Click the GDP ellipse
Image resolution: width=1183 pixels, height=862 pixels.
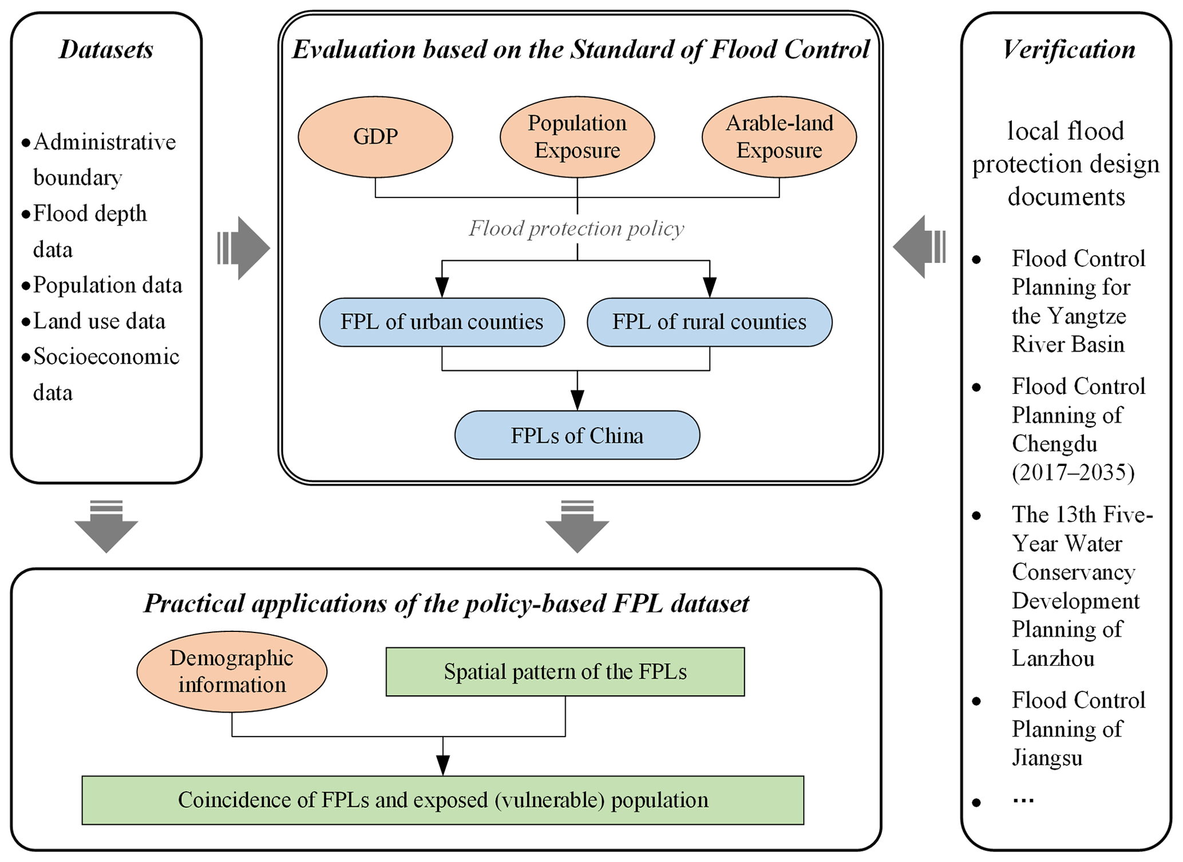click(x=375, y=137)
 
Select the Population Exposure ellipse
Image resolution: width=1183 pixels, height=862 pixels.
click(x=577, y=137)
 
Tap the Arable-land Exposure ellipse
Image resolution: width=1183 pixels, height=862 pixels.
click(x=779, y=137)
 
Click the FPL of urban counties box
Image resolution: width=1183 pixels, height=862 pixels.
click(x=442, y=322)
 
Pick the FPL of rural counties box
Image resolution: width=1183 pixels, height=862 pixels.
click(x=709, y=322)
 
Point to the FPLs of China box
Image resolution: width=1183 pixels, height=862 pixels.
click(x=577, y=436)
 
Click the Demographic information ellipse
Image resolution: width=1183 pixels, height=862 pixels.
click(x=232, y=671)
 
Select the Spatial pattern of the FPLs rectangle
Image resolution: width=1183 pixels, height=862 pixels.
click(x=565, y=672)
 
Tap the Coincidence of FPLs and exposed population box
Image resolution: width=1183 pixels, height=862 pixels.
click(x=442, y=800)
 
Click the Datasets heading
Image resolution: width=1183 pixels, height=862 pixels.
click(x=106, y=50)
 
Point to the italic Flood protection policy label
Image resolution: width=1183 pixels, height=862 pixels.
click(x=576, y=229)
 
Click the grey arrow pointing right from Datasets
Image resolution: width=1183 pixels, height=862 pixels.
click(x=244, y=248)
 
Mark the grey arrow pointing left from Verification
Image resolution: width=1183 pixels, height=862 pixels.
click(x=918, y=247)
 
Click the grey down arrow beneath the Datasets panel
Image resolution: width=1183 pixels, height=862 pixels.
click(x=106, y=526)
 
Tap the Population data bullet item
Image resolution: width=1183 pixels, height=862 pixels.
click(x=107, y=285)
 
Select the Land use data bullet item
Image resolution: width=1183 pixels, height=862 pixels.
click(x=99, y=321)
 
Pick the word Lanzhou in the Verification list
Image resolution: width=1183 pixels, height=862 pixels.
click(x=1053, y=658)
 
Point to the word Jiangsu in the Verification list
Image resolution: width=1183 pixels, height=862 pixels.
click(x=1047, y=758)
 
